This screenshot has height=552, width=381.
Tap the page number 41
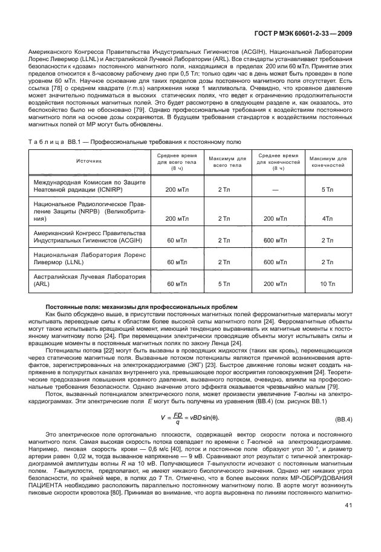(x=348, y=521)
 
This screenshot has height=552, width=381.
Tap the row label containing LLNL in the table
(x=85, y=259)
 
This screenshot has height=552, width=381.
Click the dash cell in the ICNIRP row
(x=275, y=190)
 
